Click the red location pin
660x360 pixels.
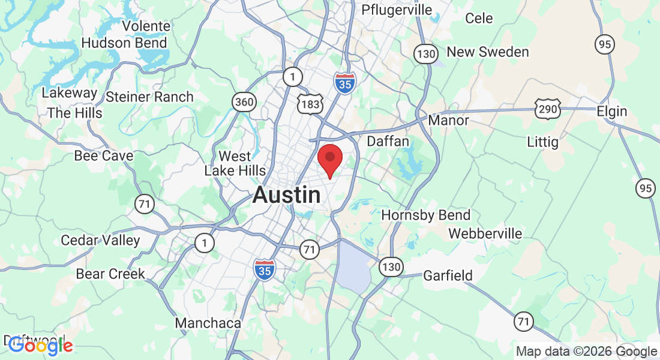[329, 158]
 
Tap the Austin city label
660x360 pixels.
[286, 195]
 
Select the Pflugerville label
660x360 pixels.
[397, 10]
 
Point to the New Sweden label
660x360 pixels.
[488, 52]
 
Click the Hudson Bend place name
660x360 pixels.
[124, 43]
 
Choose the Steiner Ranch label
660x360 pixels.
[149, 97]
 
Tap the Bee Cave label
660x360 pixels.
[103, 156]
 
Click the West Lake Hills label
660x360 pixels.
[235, 164]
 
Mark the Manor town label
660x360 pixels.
[448, 121]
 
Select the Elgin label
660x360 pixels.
[611, 112]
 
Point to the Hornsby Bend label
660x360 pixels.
[426, 215]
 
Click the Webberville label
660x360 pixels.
[485, 233]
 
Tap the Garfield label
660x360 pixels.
[448, 276]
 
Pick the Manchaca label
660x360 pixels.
[208, 323]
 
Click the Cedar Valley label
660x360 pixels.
[100, 241]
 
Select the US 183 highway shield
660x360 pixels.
[310, 104]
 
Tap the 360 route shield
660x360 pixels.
[244, 102]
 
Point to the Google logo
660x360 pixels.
[40, 346]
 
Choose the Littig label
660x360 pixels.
[542, 142]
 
